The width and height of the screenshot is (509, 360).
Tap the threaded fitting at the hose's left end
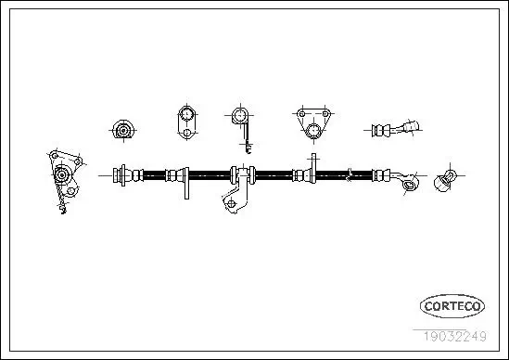click(x=120, y=174)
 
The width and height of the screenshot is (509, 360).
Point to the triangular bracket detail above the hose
click(x=312, y=122)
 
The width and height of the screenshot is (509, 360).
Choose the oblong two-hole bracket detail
click(x=185, y=122)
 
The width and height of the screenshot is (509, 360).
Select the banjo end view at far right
click(x=444, y=178)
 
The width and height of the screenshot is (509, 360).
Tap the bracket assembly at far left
click(x=63, y=178)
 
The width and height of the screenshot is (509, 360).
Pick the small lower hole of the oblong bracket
click(x=185, y=134)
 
